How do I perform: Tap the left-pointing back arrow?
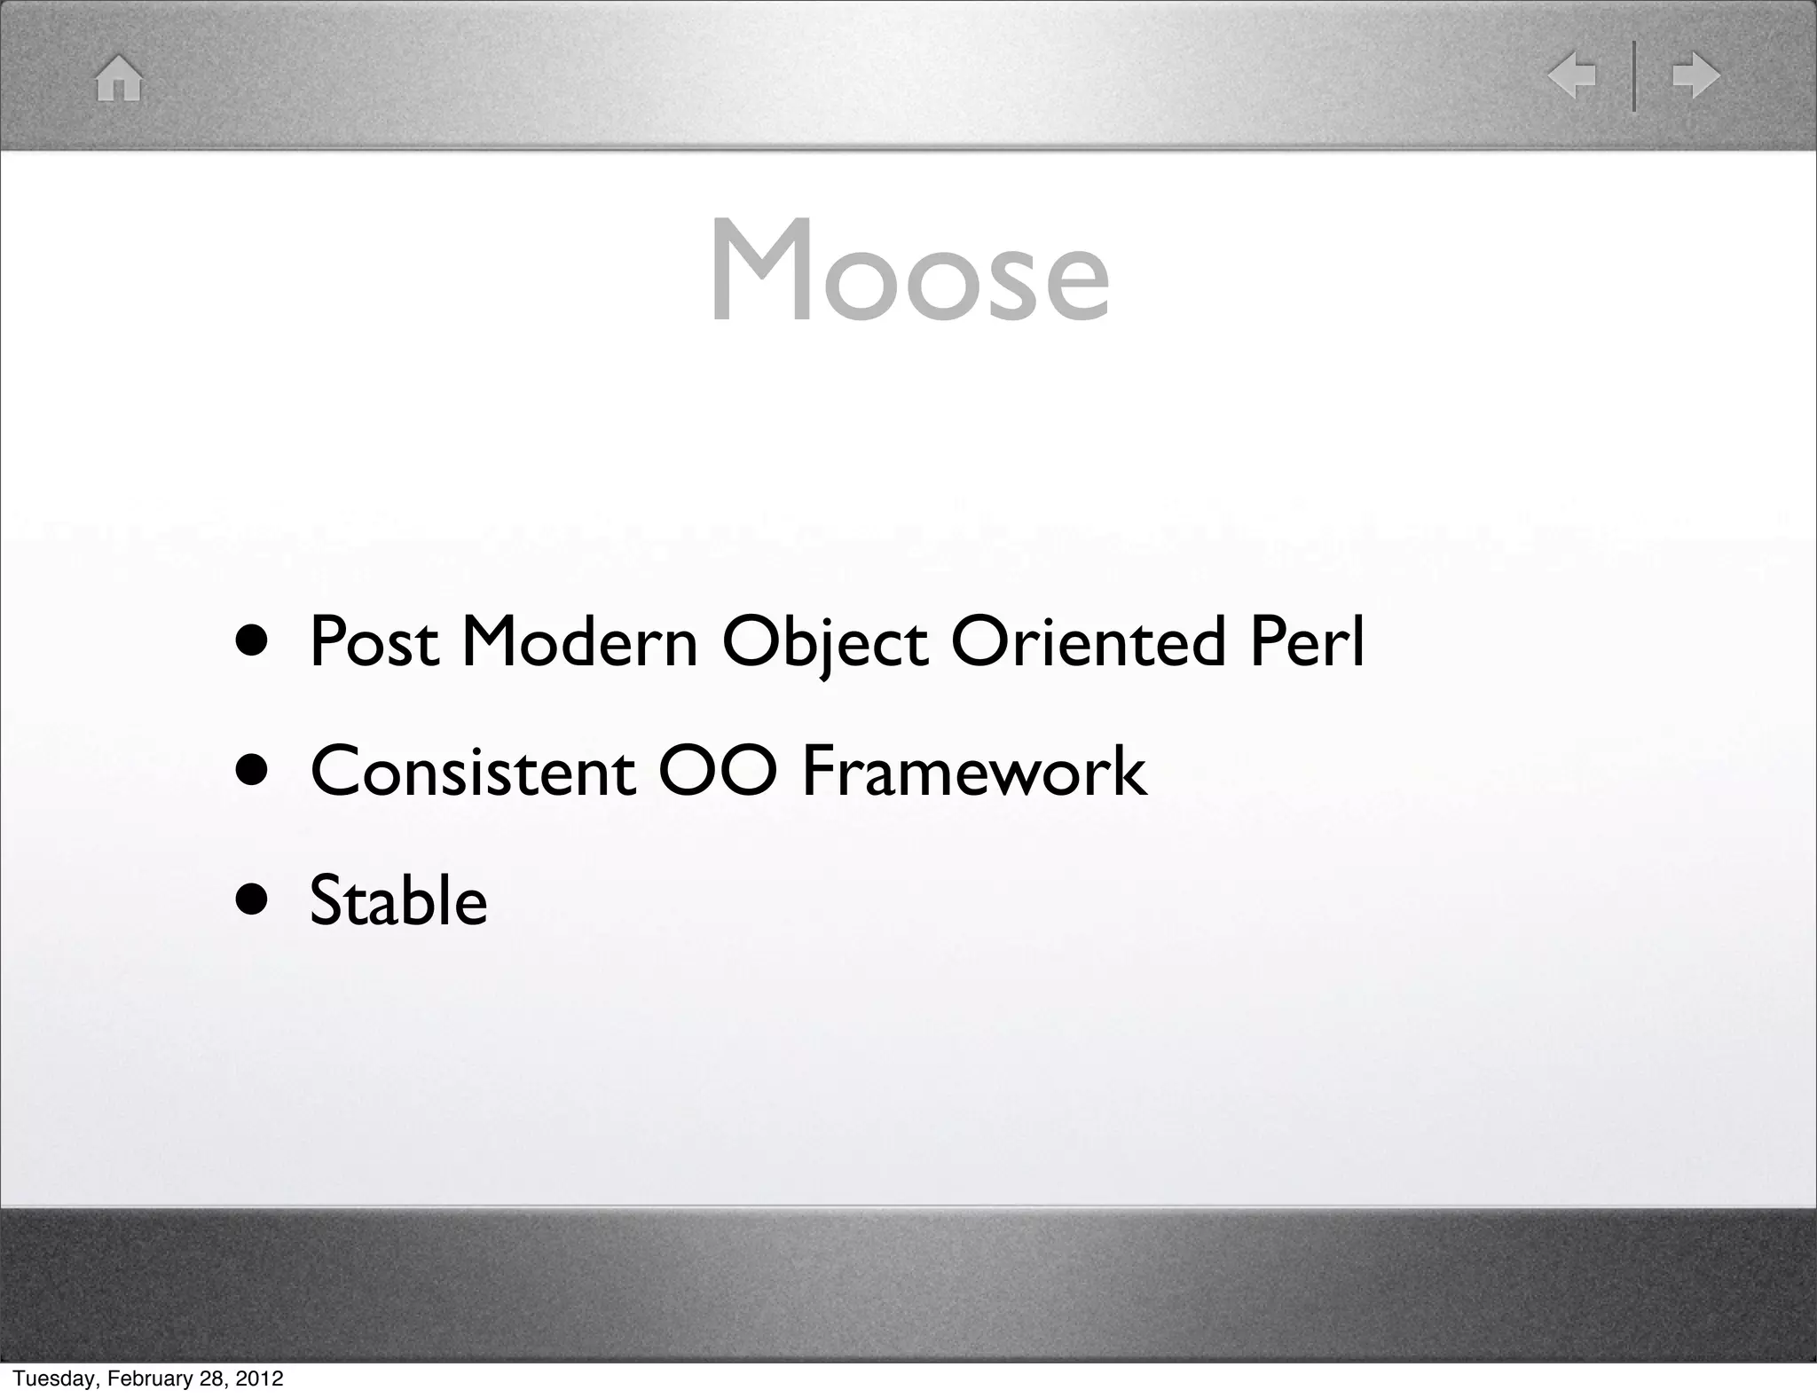click(x=1572, y=76)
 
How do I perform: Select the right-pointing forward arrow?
click(x=1695, y=76)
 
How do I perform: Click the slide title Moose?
click(x=909, y=271)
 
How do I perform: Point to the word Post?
click(x=374, y=641)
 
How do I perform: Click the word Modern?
click(x=579, y=641)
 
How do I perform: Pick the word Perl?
click(x=1307, y=641)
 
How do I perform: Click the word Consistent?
click(x=472, y=771)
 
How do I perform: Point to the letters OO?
click(x=718, y=771)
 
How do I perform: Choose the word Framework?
click(x=973, y=771)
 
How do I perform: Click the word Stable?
click(x=398, y=899)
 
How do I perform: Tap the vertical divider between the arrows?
click(x=1634, y=76)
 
